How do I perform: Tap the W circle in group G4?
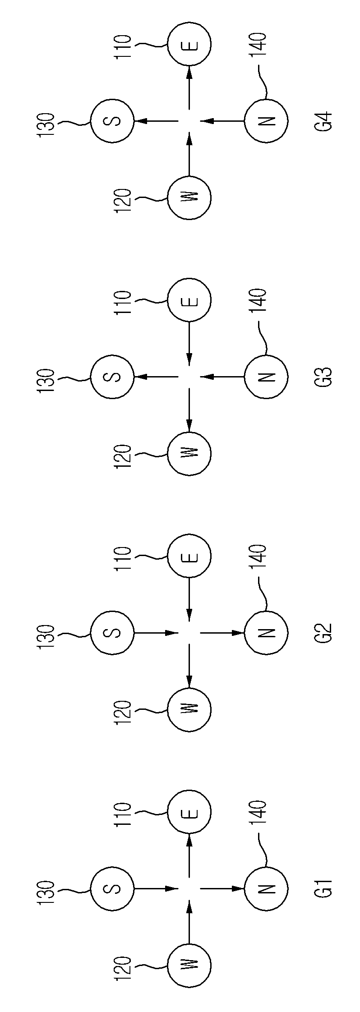189,198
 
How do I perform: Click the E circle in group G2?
189,556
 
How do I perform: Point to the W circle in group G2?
189,709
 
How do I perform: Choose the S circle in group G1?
112,888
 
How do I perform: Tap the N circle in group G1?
266,888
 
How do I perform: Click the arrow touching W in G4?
189,153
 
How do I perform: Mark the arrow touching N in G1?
222,888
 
